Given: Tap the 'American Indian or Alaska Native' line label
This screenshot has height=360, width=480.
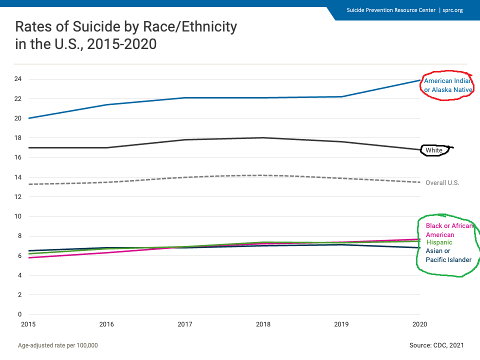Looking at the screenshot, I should pyautogui.click(x=448, y=85).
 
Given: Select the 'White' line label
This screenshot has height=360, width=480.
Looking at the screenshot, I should pyautogui.click(x=433, y=150).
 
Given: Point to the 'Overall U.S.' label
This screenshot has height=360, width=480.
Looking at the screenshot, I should pyautogui.click(x=442, y=183).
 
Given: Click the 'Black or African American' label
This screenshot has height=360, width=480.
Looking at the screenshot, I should pyautogui.click(x=448, y=230).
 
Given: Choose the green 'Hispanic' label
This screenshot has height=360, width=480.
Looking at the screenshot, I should pyautogui.click(x=439, y=242).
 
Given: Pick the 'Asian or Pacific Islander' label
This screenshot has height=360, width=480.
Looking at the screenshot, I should pyautogui.click(x=448, y=255).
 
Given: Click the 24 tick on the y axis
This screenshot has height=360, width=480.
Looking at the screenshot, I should pyautogui.click(x=17, y=79).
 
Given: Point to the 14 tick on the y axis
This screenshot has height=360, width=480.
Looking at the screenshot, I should pyautogui.click(x=17, y=177).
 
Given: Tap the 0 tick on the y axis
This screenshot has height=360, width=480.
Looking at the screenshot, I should pyautogui.click(x=19, y=314).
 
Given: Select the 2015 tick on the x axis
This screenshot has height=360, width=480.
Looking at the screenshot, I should pyautogui.click(x=28, y=324).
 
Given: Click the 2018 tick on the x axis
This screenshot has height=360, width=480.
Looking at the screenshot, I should pyautogui.click(x=263, y=324).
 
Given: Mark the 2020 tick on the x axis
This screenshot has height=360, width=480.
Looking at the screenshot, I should pyautogui.click(x=419, y=324).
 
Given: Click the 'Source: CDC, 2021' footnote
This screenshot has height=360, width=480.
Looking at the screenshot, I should pyautogui.click(x=436, y=345).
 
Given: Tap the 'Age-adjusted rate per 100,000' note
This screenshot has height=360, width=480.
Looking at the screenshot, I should pyautogui.click(x=57, y=345).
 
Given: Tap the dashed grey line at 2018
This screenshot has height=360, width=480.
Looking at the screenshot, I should pyautogui.click(x=263, y=175).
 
